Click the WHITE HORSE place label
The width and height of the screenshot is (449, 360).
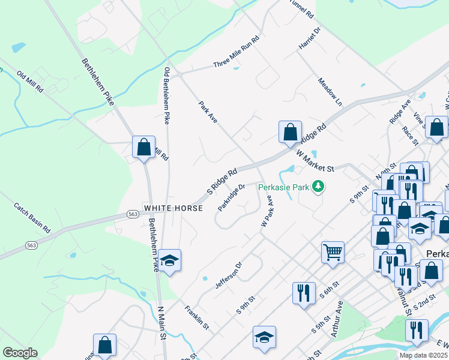coord(173,208)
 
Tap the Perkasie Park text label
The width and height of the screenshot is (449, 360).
coord(284,187)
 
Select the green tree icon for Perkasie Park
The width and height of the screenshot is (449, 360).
coord(318,187)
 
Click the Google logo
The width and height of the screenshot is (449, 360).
coord(20,353)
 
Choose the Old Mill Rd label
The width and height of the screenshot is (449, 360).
coord(30,82)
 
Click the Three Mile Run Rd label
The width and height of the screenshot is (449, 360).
coord(236,53)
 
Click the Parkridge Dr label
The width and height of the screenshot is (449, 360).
coord(232,197)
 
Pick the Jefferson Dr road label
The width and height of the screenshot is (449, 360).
coord(229,275)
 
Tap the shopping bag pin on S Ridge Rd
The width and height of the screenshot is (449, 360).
coord(290,132)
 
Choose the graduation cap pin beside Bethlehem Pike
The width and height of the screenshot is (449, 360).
coord(170,260)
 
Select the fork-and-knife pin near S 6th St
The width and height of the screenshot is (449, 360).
coord(303,293)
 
